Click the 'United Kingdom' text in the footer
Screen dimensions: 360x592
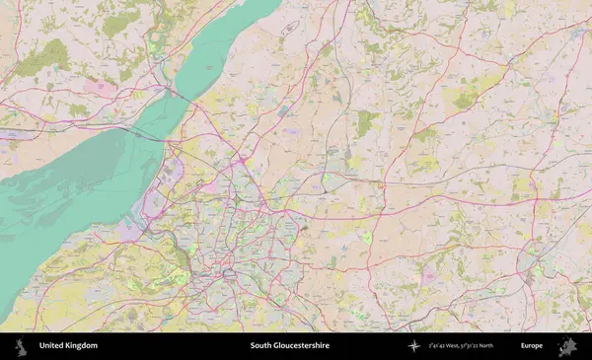[x=68, y=346]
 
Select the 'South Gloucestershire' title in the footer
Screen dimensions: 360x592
[x=289, y=346]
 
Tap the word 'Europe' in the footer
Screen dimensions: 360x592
[x=531, y=346]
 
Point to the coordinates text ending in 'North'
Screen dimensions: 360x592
[x=461, y=346]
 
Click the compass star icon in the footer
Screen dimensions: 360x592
[x=413, y=346]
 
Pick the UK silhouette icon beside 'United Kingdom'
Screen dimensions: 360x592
[x=24, y=346]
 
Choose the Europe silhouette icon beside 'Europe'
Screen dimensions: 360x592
[x=567, y=346]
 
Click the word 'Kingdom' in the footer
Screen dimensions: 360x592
[x=83, y=346]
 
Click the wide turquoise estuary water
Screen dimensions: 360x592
[x=69, y=197]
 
